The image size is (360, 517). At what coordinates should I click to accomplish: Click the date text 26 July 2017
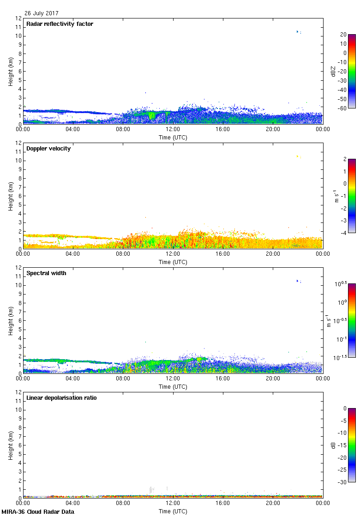pyautogui.click(x=42, y=13)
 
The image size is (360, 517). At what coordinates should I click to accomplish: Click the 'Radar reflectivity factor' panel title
pyautogui.click(x=60, y=24)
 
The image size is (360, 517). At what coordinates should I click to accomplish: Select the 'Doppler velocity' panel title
pyautogui.click(x=48, y=148)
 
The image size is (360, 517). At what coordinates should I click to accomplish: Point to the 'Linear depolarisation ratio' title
pyautogui.click(x=61, y=397)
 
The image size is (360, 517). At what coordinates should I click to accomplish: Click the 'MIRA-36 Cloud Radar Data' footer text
pyautogui.click(x=38, y=512)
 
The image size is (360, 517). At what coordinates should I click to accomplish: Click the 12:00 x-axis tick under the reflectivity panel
pyautogui.click(x=173, y=130)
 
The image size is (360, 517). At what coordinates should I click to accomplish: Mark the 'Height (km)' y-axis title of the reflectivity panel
pyautogui.click(x=10, y=71)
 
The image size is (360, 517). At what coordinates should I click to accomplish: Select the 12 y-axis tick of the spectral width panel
pyautogui.click(x=18, y=268)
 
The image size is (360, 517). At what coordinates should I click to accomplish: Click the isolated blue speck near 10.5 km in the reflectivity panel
pyautogui.click(x=298, y=31)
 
